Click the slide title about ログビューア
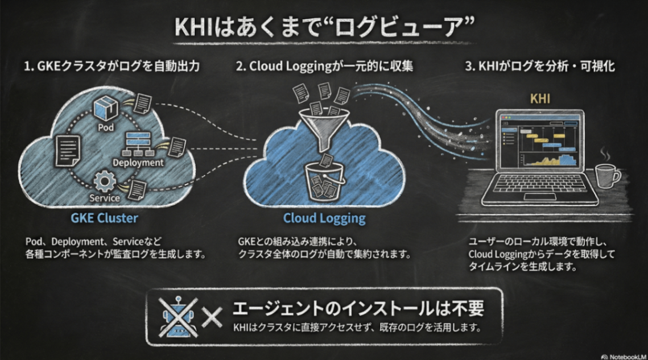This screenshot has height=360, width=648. tap(323, 26)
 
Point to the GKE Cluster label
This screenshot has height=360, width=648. tap(104, 218)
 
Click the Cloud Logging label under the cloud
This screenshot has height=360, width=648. tap(324, 218)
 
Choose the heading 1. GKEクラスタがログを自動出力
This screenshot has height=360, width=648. tap(112, 66)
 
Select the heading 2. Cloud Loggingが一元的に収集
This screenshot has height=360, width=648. tap(324, 66)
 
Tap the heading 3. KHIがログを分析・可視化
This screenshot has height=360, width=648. tap(540, 66)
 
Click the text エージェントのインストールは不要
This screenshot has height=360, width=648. tap(358, 309)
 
